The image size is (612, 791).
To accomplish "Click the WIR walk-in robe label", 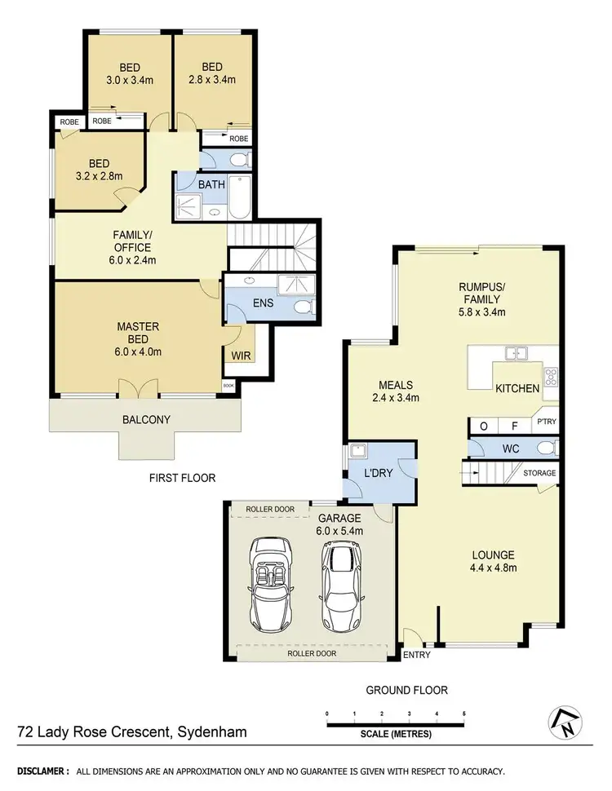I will pos(241,356).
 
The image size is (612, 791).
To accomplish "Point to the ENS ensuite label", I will pos(263,303).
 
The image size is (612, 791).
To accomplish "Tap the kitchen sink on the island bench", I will pos(515,354).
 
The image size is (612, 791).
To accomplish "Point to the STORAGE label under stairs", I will pos(539,473).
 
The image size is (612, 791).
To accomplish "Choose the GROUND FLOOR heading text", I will pos(406,690).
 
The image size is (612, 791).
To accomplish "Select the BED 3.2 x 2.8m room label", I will pos(96,170).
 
